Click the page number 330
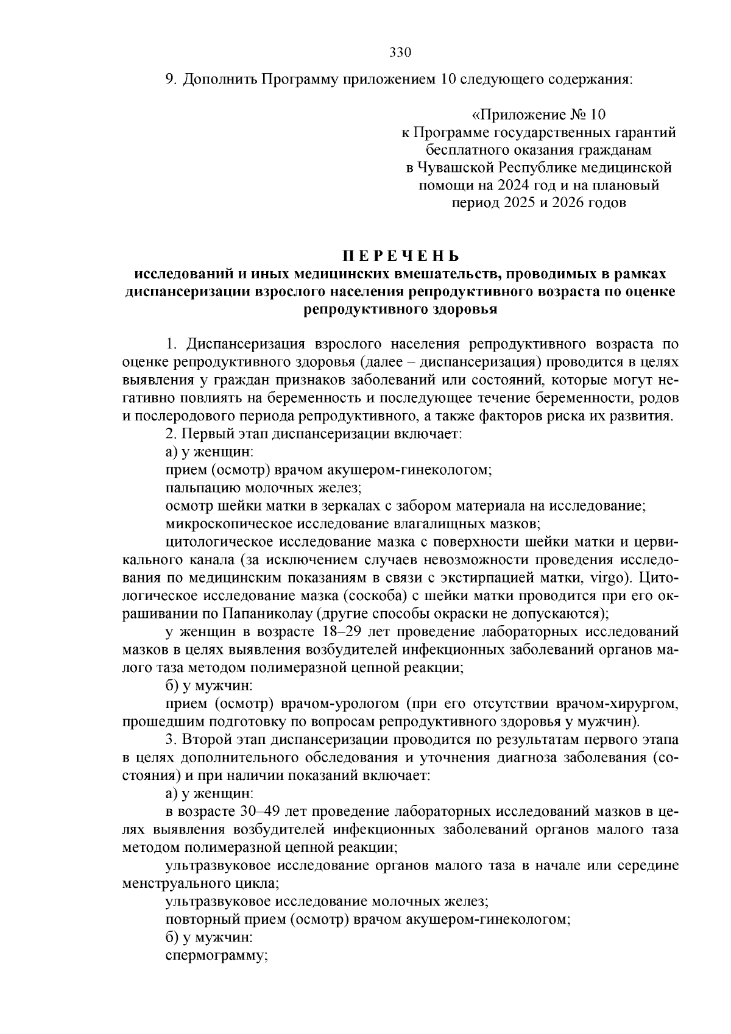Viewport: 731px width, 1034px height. pos(401,52)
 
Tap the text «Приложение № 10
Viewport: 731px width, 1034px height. pos(540,115)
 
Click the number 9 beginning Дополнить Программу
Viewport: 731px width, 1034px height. pos(170,80)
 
